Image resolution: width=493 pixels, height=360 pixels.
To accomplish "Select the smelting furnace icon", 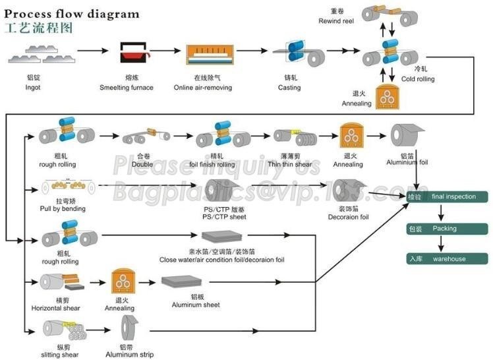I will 133,53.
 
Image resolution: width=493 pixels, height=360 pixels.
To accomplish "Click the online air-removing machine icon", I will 210,56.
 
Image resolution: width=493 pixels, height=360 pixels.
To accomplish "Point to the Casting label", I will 289,87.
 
